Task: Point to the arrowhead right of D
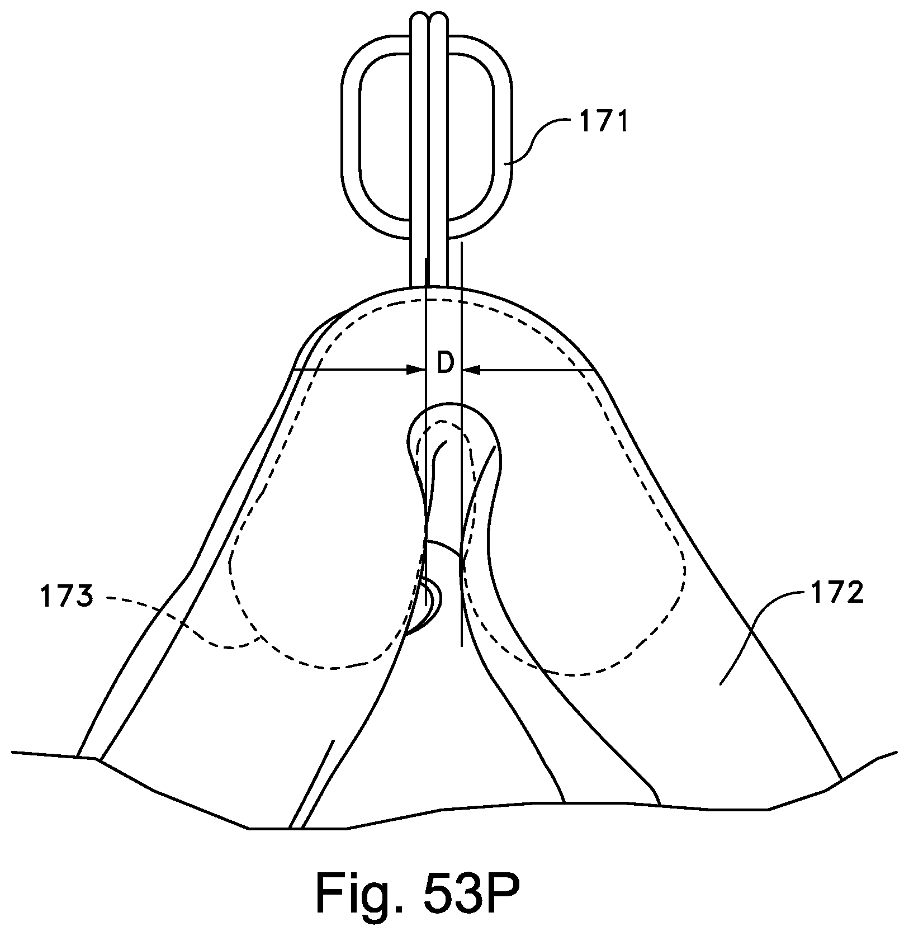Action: click(x=471, y=370)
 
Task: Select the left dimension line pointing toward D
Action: click(x=352, y=370)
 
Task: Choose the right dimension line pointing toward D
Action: click(x=531, y=370)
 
